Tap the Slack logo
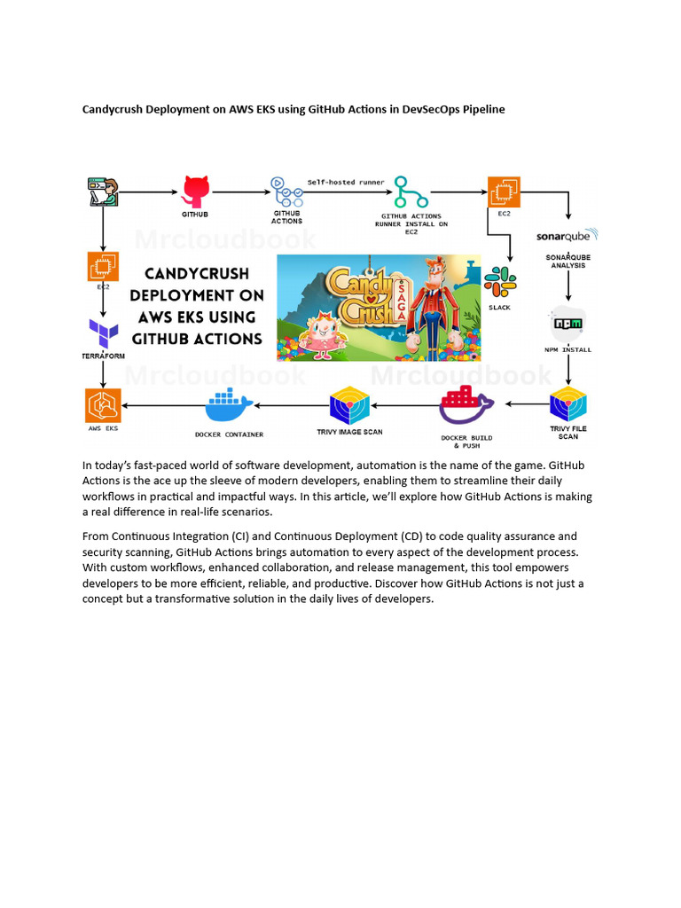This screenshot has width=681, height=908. [501, 281]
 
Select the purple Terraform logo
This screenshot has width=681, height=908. [104, 335]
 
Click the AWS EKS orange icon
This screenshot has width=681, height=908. [103, 405]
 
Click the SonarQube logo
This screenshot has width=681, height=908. [567, 237]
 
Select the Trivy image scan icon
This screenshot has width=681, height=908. [349, 406]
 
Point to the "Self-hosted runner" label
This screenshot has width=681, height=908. [346, 182]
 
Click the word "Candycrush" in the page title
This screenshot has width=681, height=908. [114, 110]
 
